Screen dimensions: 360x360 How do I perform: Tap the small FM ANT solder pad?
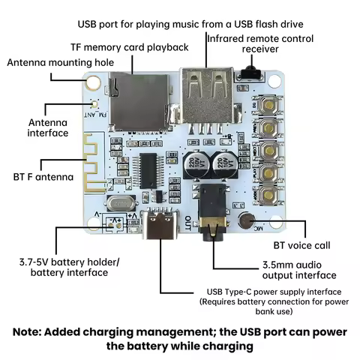95,104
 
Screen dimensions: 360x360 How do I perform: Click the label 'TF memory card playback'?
130,47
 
